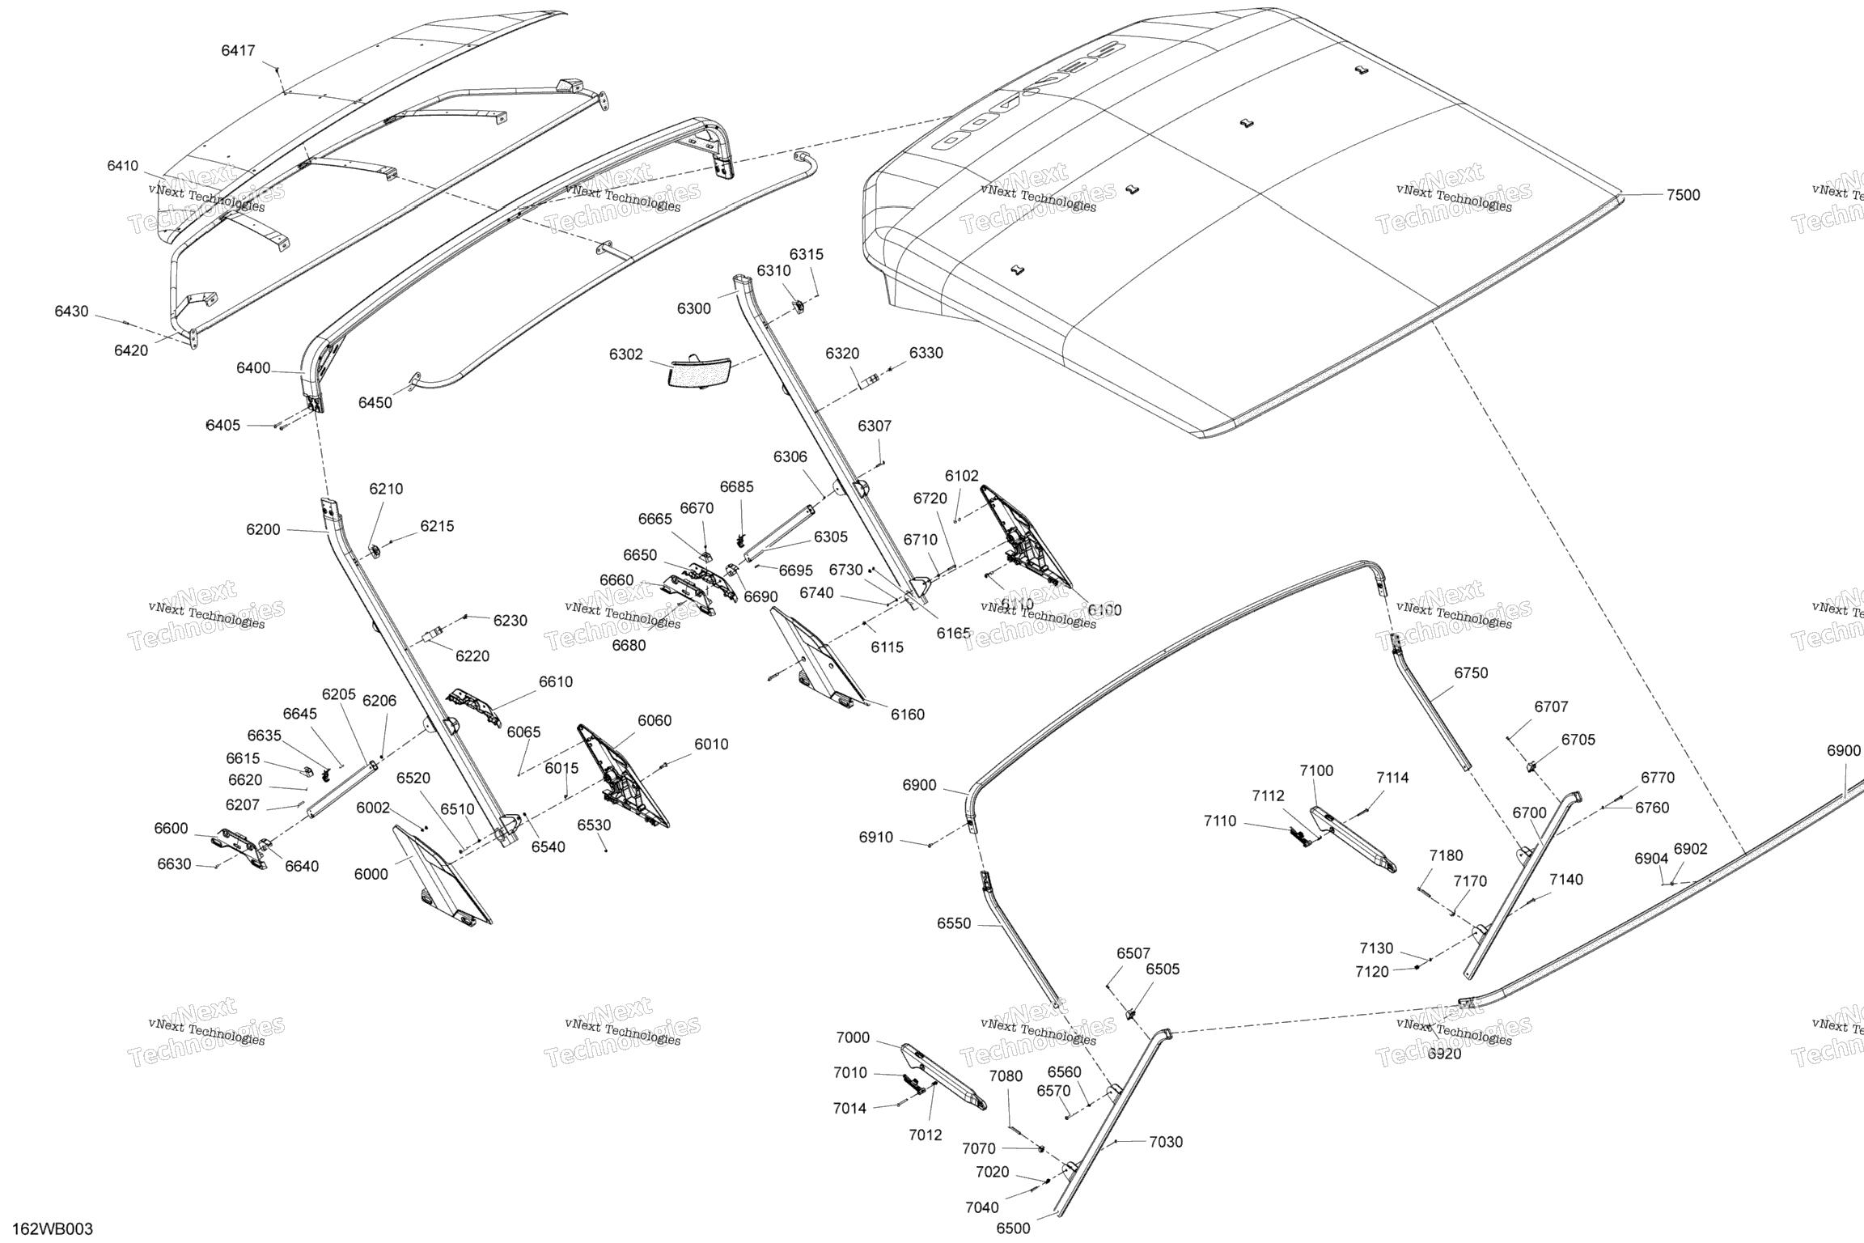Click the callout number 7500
coord(1683,195)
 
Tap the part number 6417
coord(238,51)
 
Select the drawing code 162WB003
coord(53,1229)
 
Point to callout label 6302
coord(626,354)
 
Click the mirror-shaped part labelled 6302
coord(701,371)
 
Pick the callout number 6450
coord(375,403)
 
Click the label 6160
coord(908,715)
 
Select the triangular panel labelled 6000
coord(442,875)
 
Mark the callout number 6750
coord(1471,673)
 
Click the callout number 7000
coord(853,1038)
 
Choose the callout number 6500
coord(1013,1228)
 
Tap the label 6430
coord(72,312)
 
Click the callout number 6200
coord(263,530)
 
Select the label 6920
coord(1444,1054)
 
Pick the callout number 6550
coord(954,924)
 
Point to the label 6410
coord(123,166)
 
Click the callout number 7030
coord(1166,1142)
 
